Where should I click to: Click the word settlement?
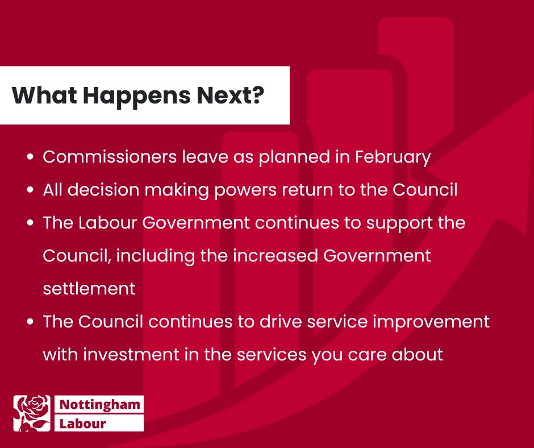point(89,288)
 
